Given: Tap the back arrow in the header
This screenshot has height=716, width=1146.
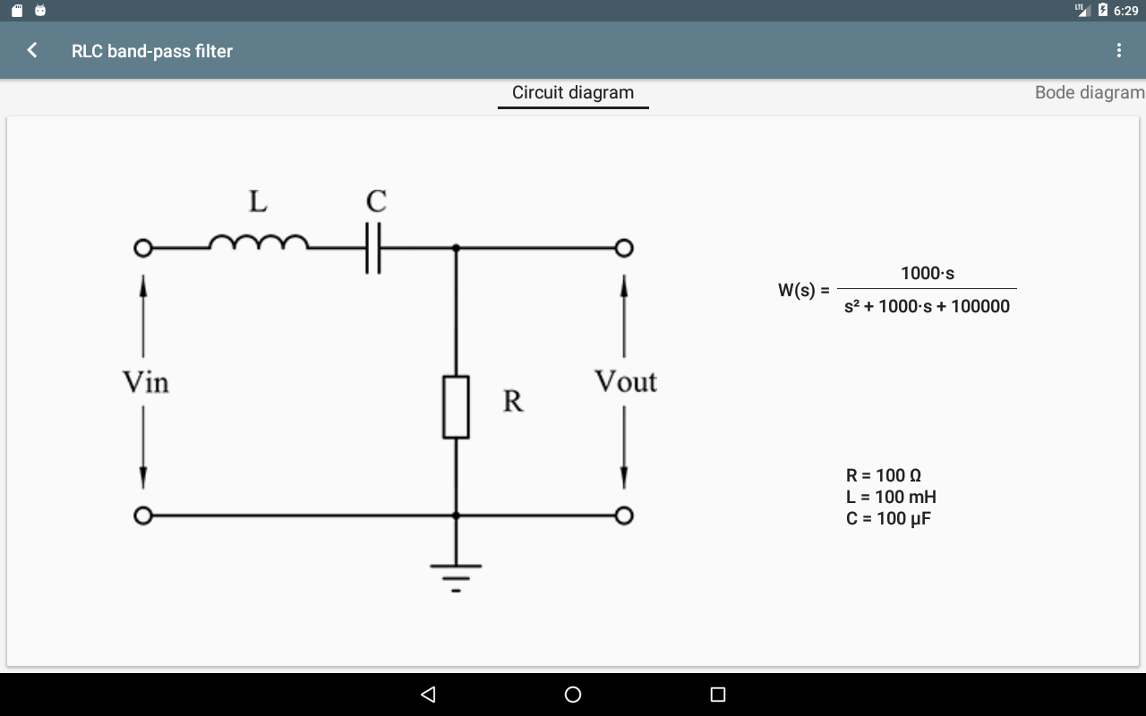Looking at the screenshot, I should (x=32, y=50).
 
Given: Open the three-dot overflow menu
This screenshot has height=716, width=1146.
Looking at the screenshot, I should (x=1118, y=50).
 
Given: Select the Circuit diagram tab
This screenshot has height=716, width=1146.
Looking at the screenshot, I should (x=573, y=93).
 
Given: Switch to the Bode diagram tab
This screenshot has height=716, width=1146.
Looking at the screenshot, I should (x=1089, y=93).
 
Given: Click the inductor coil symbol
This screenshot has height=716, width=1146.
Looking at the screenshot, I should (x=258, y=243).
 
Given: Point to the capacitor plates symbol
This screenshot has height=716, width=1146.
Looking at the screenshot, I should (x=373, y=248).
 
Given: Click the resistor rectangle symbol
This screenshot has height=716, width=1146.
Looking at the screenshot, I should (x=456, y=407).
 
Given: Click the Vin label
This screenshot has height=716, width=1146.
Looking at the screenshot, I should (x=145, y=383).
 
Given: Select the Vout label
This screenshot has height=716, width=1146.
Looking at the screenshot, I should (x=625, y=382).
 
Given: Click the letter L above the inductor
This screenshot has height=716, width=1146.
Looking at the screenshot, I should (x=258, y=202).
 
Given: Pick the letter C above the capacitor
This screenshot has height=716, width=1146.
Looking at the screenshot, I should (x=376, y=201).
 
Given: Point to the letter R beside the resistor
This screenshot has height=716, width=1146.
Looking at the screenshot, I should (x=513, y=401).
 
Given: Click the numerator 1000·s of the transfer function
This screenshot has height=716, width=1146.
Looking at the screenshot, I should (x=927, y=274).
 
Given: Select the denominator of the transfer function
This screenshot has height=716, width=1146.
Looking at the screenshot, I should (x=927, y=306).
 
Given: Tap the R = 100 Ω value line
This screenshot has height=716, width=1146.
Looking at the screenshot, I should (x=883, y=475).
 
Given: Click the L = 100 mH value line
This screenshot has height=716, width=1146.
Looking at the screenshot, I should (x=891, y=497).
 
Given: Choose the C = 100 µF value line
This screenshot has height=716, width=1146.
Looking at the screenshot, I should (x=888, y=518).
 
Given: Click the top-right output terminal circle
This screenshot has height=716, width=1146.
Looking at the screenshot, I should (x=624, y=248).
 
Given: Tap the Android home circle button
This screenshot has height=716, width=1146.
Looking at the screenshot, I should (x=573, y=695).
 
